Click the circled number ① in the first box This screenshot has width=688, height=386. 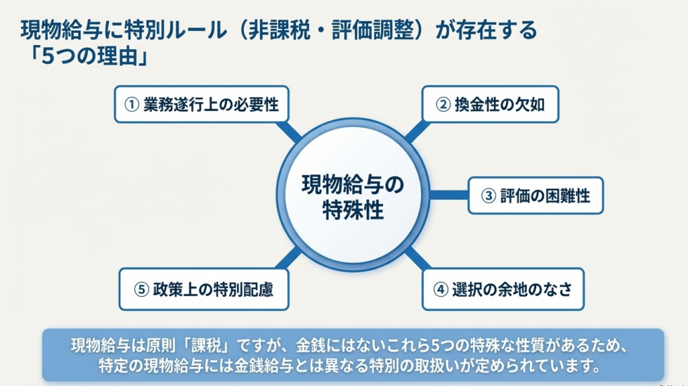[132, 105]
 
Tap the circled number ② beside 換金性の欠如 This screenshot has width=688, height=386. [442, 105]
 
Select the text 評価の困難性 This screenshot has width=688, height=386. [545, 196]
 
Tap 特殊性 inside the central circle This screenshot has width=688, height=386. [353, 210]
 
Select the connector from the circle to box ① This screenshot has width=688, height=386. [290, 132]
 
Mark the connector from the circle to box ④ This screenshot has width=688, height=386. [417, 258]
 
